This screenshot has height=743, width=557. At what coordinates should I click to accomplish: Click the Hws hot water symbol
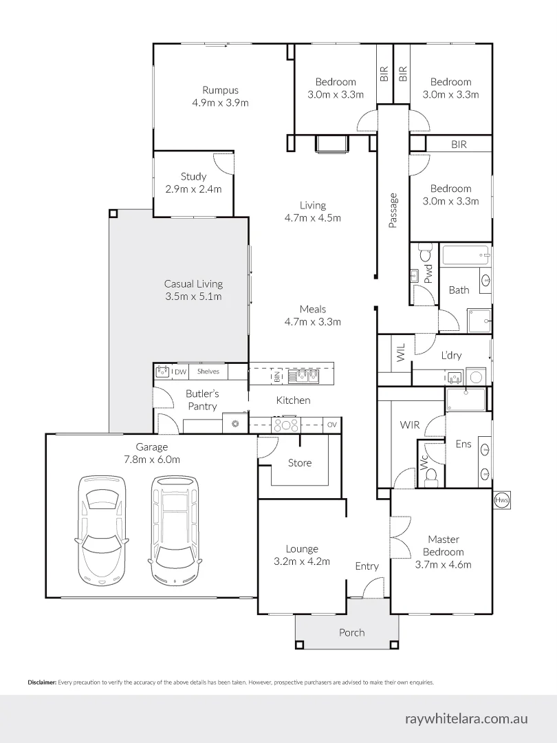tap(501, 499)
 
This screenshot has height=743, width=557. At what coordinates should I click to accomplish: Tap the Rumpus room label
tap(220, 90)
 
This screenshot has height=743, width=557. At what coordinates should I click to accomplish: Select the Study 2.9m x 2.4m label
tap(193, 183)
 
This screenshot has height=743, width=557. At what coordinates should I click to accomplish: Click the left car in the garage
tap(101, 529)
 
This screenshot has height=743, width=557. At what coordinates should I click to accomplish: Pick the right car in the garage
tap(175, 529)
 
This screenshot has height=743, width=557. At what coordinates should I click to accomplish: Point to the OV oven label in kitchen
tap(332, 424)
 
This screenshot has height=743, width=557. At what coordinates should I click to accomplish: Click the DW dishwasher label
tap(180, 372)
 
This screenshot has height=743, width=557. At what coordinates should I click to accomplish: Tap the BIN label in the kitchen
tap(277, 377)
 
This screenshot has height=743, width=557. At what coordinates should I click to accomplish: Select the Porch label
tap(352, 633)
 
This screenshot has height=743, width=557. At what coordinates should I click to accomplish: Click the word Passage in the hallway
tap(393, 211)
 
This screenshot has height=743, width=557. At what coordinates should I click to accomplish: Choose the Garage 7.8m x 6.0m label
tap(152, 453)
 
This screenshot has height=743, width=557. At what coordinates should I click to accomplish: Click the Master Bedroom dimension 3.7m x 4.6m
tap(444, 565)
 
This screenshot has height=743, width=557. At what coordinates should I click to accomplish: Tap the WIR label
tap(410, 424)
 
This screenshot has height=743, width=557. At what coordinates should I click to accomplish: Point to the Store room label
tap(300, 463)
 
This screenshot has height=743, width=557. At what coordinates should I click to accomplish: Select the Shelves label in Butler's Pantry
tap(208, 371)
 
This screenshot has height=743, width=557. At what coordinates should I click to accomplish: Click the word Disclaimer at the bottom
tap(43, 683)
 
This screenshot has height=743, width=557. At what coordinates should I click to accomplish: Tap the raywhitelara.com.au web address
tap(466, 718)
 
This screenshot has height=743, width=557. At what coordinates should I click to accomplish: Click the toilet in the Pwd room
tap(425, 252)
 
